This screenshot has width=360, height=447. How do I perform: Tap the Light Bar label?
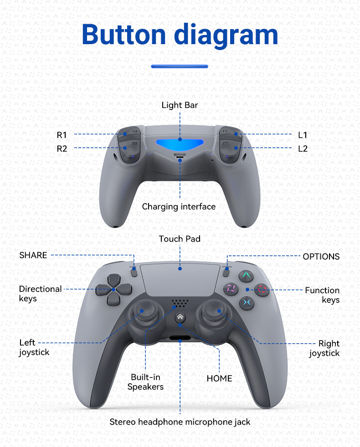click(x=180, y=105)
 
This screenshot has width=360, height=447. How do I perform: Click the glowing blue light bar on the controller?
click(x=180, y=144)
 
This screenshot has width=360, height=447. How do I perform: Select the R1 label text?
click(x=62, y=135)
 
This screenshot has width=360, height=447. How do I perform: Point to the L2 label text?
click(x=303, y=148)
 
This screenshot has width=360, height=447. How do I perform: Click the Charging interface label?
click(x=179, y=207)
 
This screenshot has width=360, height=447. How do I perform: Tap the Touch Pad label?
click(x=180, y=239)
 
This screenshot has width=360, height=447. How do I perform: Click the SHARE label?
click(x=33, y=255)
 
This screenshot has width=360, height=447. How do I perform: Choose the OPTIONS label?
click(x=321, y=256)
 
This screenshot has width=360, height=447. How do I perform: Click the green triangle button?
click(x=246, y=275)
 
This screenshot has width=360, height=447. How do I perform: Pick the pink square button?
click(x=231, y=288)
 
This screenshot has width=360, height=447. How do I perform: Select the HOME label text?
click(x=219, y=378)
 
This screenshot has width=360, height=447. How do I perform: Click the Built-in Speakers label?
click(x=145, y=382)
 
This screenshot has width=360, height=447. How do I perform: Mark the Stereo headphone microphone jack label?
click(x=180, y=422)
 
